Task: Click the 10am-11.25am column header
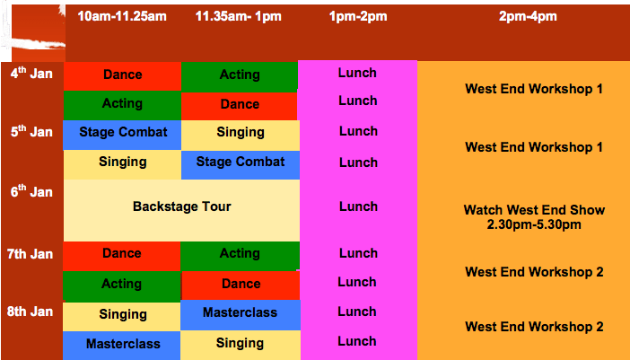122,16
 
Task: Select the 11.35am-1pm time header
238,16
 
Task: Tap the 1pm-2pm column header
358,16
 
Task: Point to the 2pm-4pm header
528,16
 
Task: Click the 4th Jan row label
31,73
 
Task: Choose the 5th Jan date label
31,131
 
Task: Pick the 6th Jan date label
31,191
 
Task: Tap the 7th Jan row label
31,254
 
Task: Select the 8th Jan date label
31,312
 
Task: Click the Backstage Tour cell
181,210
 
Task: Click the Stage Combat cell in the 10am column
123,135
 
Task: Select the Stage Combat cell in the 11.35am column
241,164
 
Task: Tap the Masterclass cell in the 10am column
122,346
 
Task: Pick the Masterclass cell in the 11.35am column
241,315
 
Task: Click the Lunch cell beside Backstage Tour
358,206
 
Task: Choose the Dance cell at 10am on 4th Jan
123,76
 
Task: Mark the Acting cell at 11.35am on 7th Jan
240,256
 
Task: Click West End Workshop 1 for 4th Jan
534,89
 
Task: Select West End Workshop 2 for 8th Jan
534,327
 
